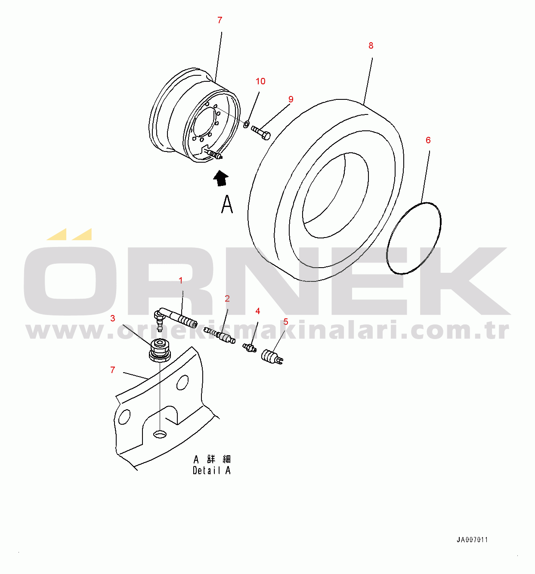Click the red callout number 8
[x=371, y=46]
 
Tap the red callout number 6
[x=428, y=140]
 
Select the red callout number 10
[x=260, y=81]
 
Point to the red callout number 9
[x=291, y=99]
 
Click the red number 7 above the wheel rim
[x=220, y=20]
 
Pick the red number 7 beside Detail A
[x=112, y=370]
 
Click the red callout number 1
[x=181, y=281]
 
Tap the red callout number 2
[x=227, y=299]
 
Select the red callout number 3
[x=112, y=318]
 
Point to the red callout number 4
[x=258, y=311]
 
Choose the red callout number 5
[x=286, y=322]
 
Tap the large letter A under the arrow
[x=227, y=204]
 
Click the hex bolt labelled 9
[x=261, y=133]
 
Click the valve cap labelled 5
[x=272, y=357]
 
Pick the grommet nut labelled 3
[x=160, y=350]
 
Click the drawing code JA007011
[x=472, y=540]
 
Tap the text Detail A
[x=212, y=471]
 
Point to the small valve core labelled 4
[x=250, y=347]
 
